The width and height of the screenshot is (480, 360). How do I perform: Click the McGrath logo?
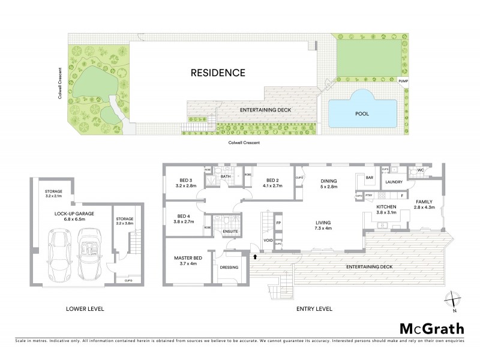coord(433,328)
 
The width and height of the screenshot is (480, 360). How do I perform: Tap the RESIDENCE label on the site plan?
coord(218,73)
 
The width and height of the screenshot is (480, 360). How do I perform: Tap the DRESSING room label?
coord(229,267)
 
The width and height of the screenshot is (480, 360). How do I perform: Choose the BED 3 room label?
coord(184,183)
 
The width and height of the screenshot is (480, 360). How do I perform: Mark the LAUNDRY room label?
coord(394,181)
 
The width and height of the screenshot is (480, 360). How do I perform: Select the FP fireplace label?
coord(278,223)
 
